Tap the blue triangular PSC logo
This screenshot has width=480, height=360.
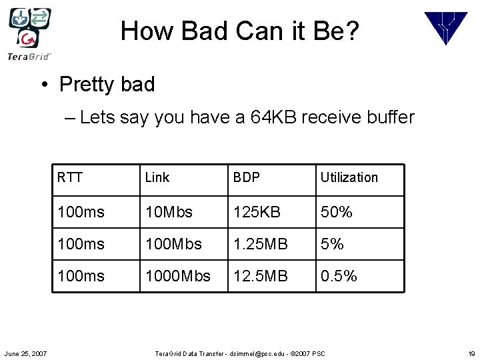point(446,28)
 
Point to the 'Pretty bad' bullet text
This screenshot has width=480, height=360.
point(107,85)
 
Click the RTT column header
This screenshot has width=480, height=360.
point(70,177)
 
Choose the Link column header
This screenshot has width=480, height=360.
point(157,177)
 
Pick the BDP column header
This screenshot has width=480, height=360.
point(246,177)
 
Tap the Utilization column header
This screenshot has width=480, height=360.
point(349,177)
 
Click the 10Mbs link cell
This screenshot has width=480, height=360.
point(169,212)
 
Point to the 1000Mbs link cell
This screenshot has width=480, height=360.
point(177,276)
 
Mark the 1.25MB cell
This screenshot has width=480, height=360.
point(261,244)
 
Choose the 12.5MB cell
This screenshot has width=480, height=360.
point(261,276)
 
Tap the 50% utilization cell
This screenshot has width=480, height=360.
point(337,212)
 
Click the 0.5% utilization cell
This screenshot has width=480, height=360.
point(339,276)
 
